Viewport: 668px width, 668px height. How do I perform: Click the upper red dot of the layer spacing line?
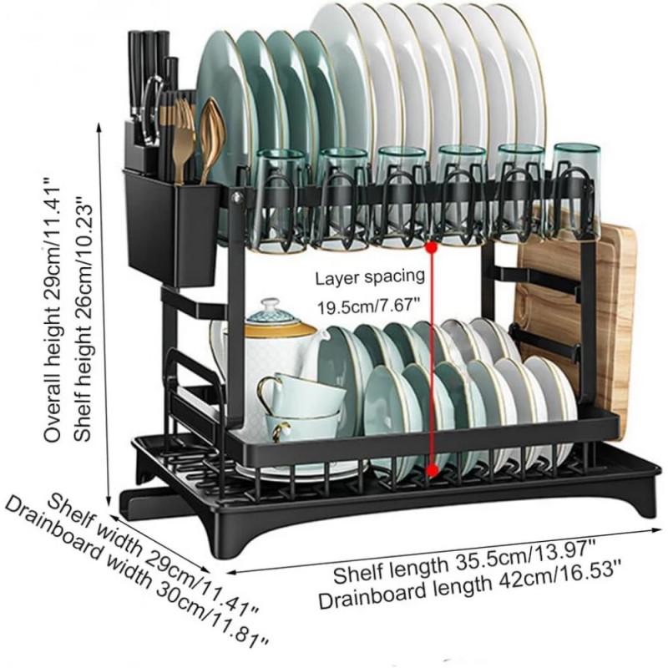[433, 246]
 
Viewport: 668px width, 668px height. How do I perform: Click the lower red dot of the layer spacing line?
[433, 470]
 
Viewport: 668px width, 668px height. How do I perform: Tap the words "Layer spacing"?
[370, 277]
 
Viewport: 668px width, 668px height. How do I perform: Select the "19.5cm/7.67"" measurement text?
[369, 306]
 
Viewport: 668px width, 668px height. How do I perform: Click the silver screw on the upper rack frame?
[237, 197]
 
